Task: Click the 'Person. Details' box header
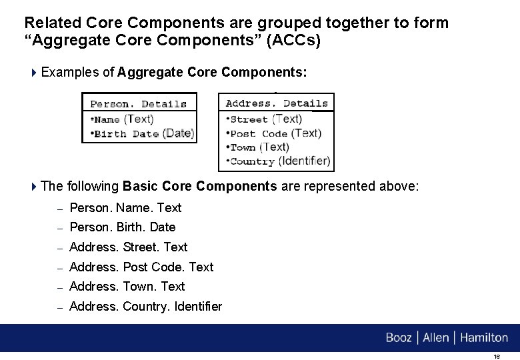[139, 103]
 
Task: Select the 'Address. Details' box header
[277, 103]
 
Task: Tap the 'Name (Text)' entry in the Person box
[123, 119]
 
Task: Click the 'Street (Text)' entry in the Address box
[265, 119]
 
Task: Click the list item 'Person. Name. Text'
[125, 208]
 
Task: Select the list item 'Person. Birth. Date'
[122, 227]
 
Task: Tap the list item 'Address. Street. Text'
[129, 247]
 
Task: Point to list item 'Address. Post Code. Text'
[141, 267]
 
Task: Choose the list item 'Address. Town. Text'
[127, 287]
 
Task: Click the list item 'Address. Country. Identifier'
[145, 307]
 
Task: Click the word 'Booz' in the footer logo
[399, 338]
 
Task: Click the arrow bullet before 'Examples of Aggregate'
[35, 72]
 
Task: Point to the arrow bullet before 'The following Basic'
[35, 187]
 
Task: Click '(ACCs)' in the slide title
[295, 41]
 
